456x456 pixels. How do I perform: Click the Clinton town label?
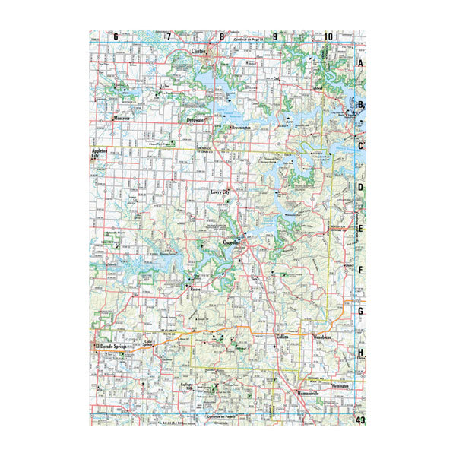(199, 53)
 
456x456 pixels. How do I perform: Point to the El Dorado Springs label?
(113, 347)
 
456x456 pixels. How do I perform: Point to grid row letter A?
(362, 64)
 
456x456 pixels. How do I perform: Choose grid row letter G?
(362, 311)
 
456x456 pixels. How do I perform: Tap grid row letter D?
(362, 187)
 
